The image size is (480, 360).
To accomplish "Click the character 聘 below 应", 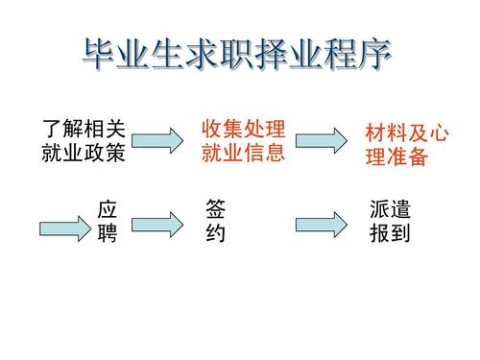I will tap(108, 233).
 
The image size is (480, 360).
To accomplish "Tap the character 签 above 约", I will tap(216, 210).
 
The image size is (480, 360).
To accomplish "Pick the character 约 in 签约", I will tap(216, 233).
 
